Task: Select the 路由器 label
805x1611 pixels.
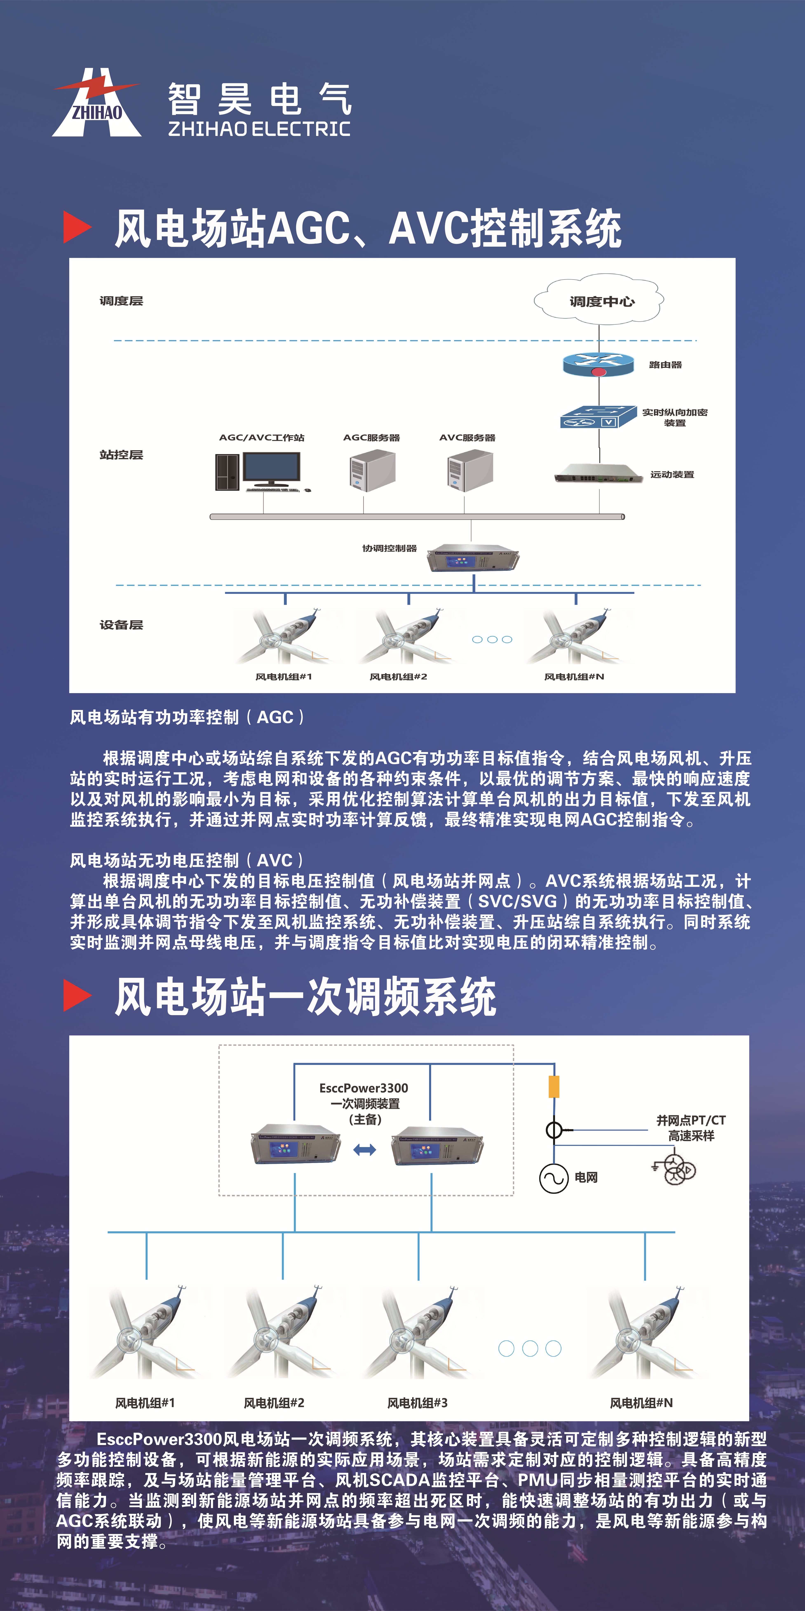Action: [x=665, y=365]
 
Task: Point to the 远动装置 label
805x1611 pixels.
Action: [x=672, y=475]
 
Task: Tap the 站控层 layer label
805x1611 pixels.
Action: [x=121, y=455]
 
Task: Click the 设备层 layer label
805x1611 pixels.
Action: [x=121, y=625]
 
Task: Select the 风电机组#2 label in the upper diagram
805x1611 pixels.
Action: [x=398, y=677]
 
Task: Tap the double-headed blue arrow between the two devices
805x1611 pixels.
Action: [x=364, y=1149]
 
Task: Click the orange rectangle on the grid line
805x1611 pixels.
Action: [x=554, y=1087]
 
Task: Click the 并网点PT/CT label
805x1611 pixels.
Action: [x=691, y=1120]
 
